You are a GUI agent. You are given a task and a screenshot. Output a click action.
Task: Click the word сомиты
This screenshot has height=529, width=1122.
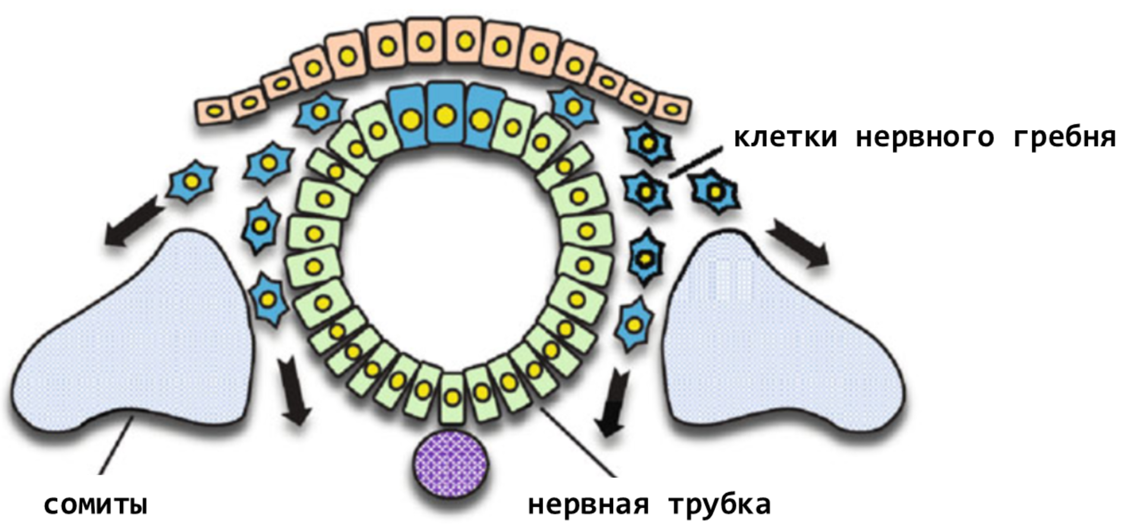click(96, 506)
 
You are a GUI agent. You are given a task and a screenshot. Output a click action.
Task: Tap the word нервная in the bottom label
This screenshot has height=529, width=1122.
click(588, 505)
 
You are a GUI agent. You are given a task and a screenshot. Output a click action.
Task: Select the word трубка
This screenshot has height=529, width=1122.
click(720, 505)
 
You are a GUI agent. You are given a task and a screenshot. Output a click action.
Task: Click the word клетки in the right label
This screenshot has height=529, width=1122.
click(786, 137)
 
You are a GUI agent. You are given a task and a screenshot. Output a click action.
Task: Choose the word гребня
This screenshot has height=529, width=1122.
click(1064, 137)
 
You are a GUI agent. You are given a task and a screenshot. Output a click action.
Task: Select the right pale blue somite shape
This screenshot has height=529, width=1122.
click(772, 332)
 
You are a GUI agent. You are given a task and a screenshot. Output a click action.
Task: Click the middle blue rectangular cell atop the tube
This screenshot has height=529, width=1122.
click(444, 114)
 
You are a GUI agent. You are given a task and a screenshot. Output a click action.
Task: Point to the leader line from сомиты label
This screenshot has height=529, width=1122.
click(116, 445)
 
